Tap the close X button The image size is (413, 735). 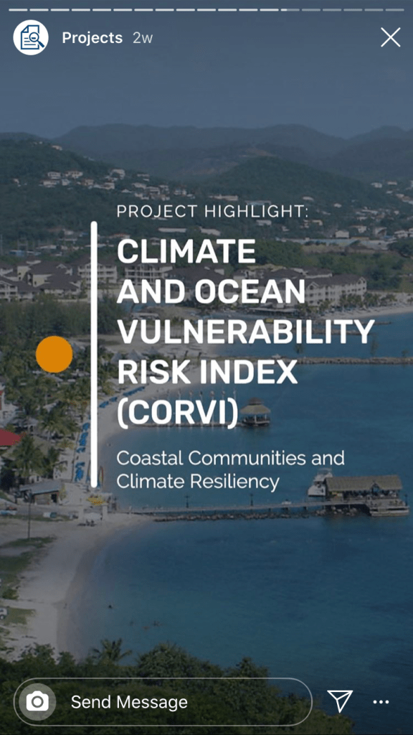[391, 37]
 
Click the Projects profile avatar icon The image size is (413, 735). [31, 37]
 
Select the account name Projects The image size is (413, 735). [92, 38]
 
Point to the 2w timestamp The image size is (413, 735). [143, 38]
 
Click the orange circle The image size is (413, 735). [54, 355]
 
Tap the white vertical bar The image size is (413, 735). [94, 355]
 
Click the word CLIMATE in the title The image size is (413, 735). [186, 252]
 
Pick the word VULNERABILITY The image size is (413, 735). [246, 332]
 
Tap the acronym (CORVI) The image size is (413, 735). [178, 413]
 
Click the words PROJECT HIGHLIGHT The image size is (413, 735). [212, 212]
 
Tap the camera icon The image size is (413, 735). [37, 702]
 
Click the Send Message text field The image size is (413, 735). [163, 702]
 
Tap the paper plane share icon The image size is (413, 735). [339, 701]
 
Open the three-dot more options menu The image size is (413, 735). [381, 702]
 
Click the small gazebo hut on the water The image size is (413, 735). [255, 411]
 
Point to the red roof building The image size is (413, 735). [9, 439]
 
